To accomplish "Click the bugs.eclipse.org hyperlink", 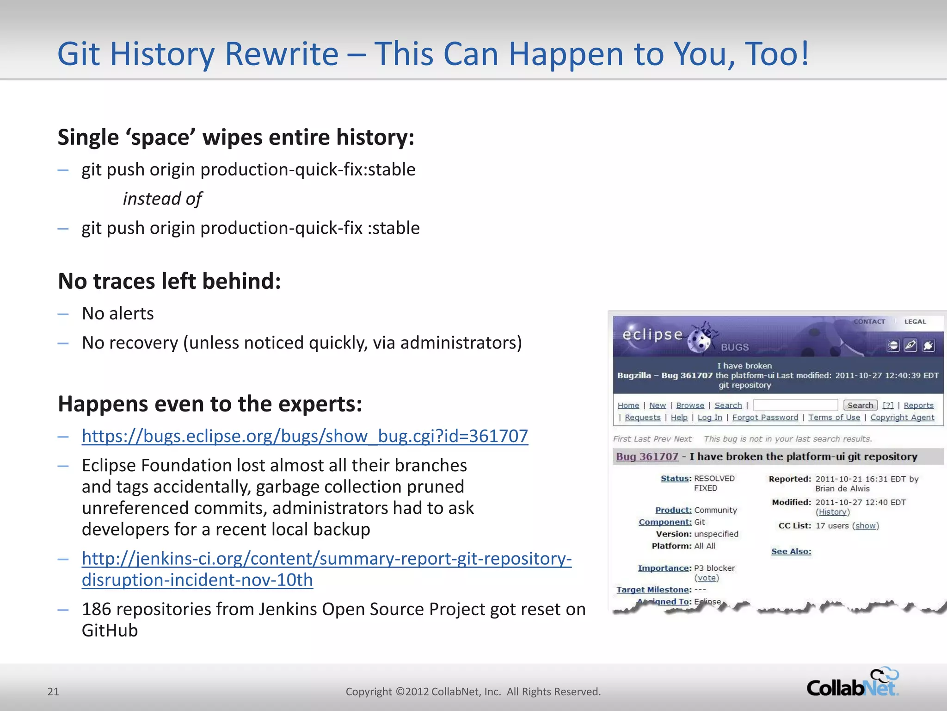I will (x=305, y=436).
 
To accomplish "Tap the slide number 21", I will (x=53, y=692).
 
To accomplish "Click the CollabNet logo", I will (x=852, y=683).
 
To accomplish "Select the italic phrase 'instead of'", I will (x=162, y=199).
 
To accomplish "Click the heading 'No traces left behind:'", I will (x=169, y=281).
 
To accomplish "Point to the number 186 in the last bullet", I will (x=96, y=609).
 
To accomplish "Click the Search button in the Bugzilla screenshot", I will (x=860, y=405).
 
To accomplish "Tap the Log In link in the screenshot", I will (x=709, y=418).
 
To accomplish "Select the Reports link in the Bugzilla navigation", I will (x=918, y=405).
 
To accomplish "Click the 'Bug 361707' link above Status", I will (x=647, y=456).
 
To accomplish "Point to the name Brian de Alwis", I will (x=842, y=489).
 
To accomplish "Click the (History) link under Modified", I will (x=832, y=512).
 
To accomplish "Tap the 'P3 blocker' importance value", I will (x=714, y=568).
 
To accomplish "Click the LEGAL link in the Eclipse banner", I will (x=915, y=322).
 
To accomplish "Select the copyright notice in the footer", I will (x=473, y=692).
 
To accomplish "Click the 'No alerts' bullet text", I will (x=118, y=314).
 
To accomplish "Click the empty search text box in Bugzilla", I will (x=795, y=405).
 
